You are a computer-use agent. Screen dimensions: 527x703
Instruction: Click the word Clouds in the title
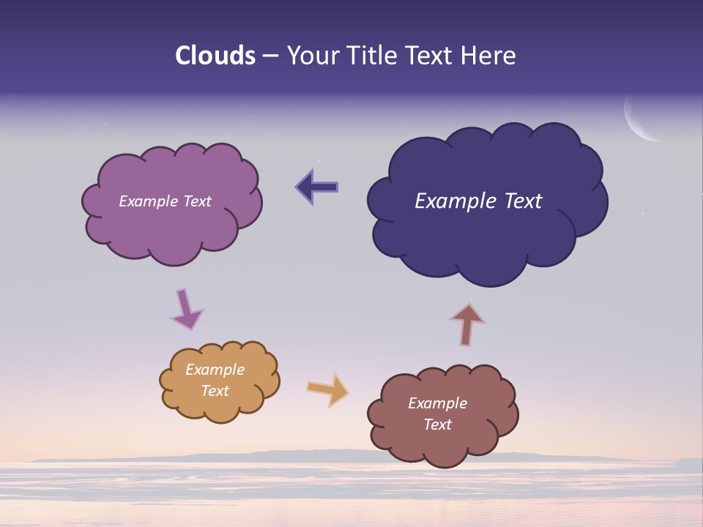(x=215, y=56)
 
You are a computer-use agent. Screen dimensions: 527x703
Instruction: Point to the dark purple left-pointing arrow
(x=317, y=187)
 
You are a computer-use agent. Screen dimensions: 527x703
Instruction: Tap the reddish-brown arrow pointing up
(x=467, y=324)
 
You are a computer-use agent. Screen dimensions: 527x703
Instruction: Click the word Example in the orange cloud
(x=215, y=370)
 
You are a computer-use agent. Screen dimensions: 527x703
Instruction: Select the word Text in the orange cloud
(x=215, y=391)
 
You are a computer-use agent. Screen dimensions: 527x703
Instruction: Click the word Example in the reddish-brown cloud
(x=437, y=403)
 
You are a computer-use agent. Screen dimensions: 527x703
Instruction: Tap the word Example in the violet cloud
(x=147, y=201)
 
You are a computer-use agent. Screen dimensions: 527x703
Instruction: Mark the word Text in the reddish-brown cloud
(x=437, y=425)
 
